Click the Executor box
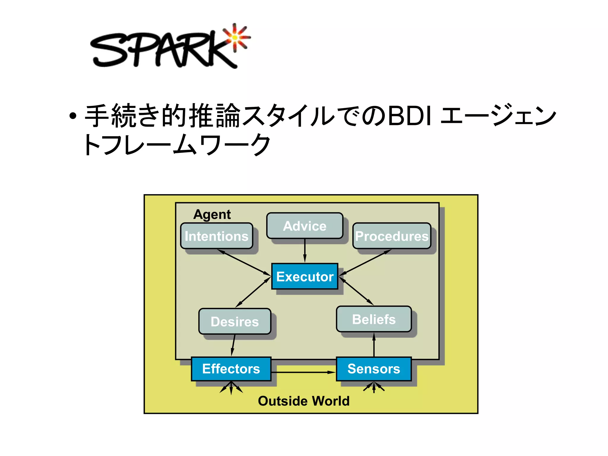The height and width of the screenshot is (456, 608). (x=305, y=276)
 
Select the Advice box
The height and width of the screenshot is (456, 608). (x=305, y=226)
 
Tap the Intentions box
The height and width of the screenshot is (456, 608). (x=216, y=236)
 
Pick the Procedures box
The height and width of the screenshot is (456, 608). (x=392, y=236)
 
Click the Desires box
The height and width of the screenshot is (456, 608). (x=235, y=322)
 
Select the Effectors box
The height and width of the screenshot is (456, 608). (x=231, y=369)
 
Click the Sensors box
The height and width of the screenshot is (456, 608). (x=374, y=369)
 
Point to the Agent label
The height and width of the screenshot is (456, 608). (x=212, y=214)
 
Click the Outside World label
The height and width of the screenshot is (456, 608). (x=304, y=401)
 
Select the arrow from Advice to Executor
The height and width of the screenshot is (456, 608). (x=305, y=251)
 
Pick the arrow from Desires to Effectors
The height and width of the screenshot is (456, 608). (x=233, y=345)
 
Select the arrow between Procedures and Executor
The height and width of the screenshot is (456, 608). (x=365, y=262)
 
